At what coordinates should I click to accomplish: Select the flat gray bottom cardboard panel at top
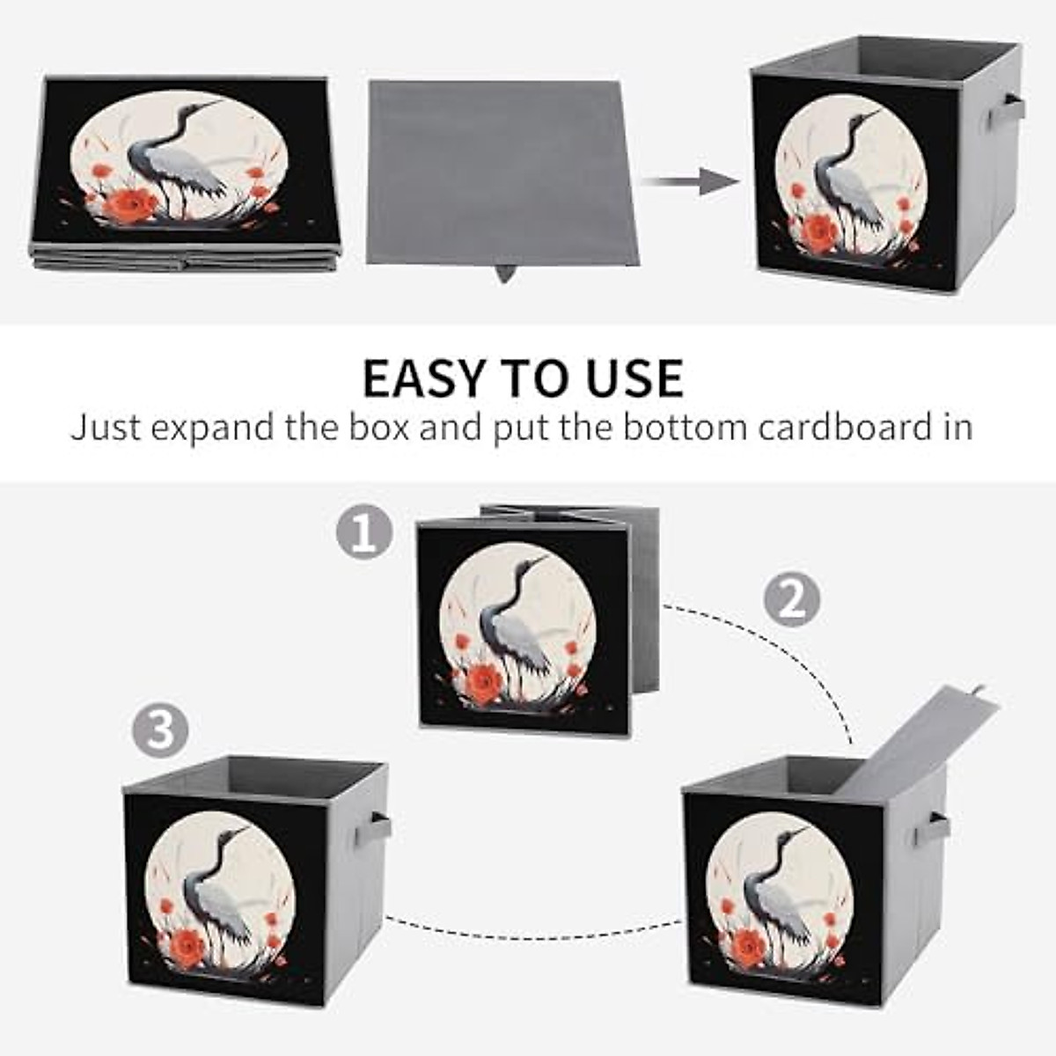pos(502,172)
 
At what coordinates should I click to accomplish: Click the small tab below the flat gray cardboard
pos(505,273)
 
